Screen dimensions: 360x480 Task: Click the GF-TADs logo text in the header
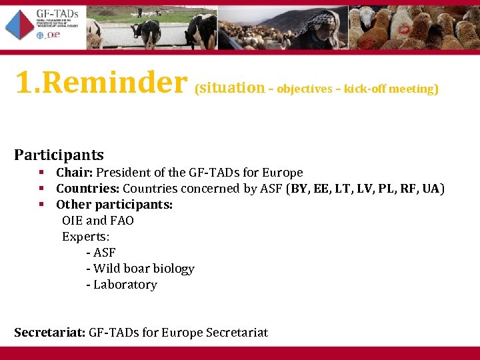tap(59, 14)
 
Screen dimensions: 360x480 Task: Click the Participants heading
tap(59, 155)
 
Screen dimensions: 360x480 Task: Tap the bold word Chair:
tap(75, 173)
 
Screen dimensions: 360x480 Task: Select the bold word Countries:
tap(88, 189)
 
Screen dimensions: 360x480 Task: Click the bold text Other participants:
tap(114, 205)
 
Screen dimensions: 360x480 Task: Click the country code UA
tap(431, 189)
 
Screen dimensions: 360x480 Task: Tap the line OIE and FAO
tap(98, 221)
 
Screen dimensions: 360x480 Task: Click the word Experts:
tap(86, 237)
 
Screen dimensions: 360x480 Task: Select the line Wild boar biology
tap(143, 269)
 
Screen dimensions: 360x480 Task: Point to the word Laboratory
tap(125, 285)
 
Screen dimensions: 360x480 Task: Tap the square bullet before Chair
tap(41, 173)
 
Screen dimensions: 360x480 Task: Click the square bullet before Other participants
tap(41, 205)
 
